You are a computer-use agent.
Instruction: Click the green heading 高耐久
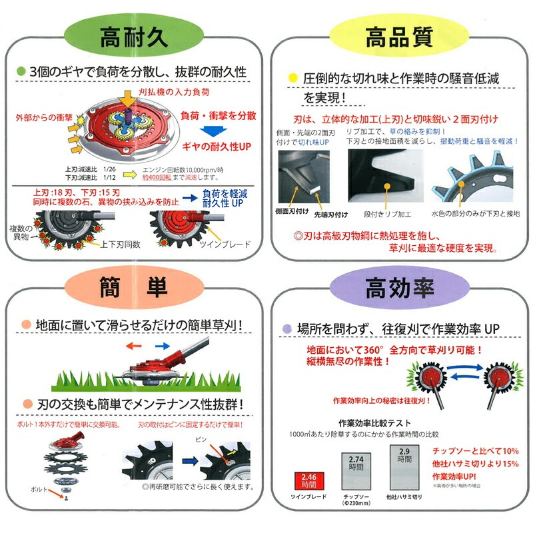coord(133,37)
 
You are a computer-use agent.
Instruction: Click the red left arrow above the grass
coord(135,346)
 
